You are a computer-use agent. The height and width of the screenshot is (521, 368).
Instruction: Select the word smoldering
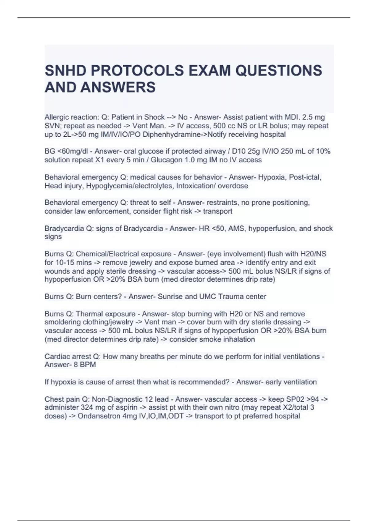(x=63, y=322)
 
